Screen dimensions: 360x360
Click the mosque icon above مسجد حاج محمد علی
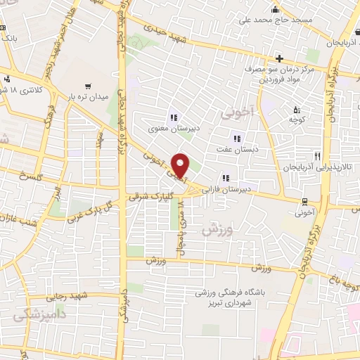[x=275, y=8]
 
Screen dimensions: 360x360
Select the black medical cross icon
[x=280, y=58]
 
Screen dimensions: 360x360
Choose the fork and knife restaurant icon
[x=318, y=157]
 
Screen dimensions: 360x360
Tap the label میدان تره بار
[x=87, y=96]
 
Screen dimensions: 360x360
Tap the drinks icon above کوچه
[x=296, y=109]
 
